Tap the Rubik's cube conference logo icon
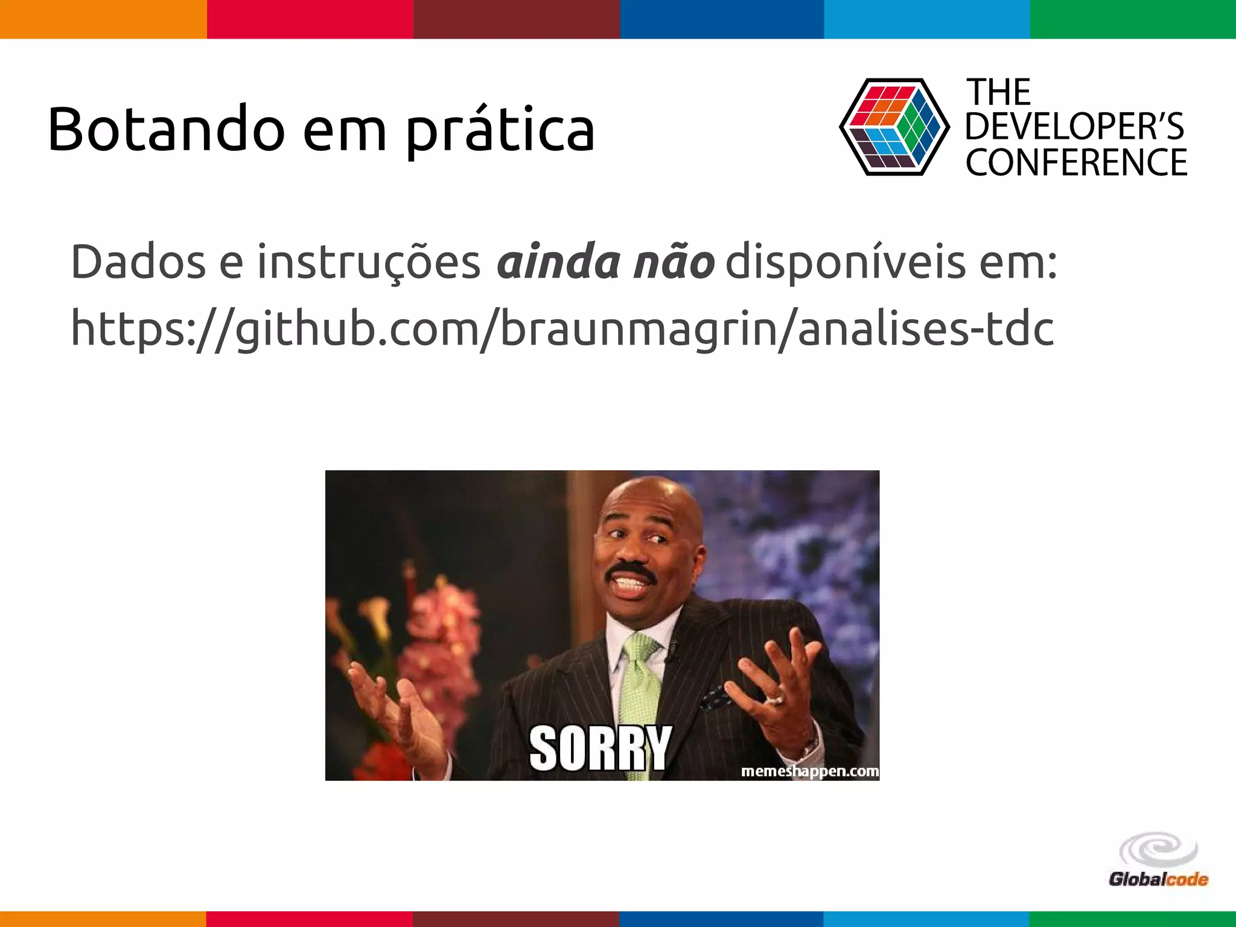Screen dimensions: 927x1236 click(x=894, y=127)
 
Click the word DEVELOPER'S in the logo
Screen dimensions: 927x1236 click(x=1074, y=127)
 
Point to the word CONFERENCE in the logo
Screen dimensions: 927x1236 click(x=1076, y=162)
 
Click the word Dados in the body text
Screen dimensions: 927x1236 click(x=138, y=263)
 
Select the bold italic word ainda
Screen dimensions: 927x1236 click(x=558, y=263)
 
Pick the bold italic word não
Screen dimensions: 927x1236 click(x=674, y=263)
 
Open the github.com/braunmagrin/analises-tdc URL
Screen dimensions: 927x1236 click(x=562, y=330)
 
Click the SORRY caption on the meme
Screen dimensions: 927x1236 click(x=600, y=748)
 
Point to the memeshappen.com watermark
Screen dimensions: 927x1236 click(x=809, y=771)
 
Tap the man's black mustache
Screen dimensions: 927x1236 click(x=631, y=571)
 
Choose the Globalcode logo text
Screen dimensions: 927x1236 click(x=1158, y=879)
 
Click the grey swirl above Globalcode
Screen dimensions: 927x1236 click(x=1158, y=851)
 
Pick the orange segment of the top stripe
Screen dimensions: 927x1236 click(x=103, y=19)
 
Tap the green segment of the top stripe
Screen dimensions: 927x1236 click(x=1133, y=19)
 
